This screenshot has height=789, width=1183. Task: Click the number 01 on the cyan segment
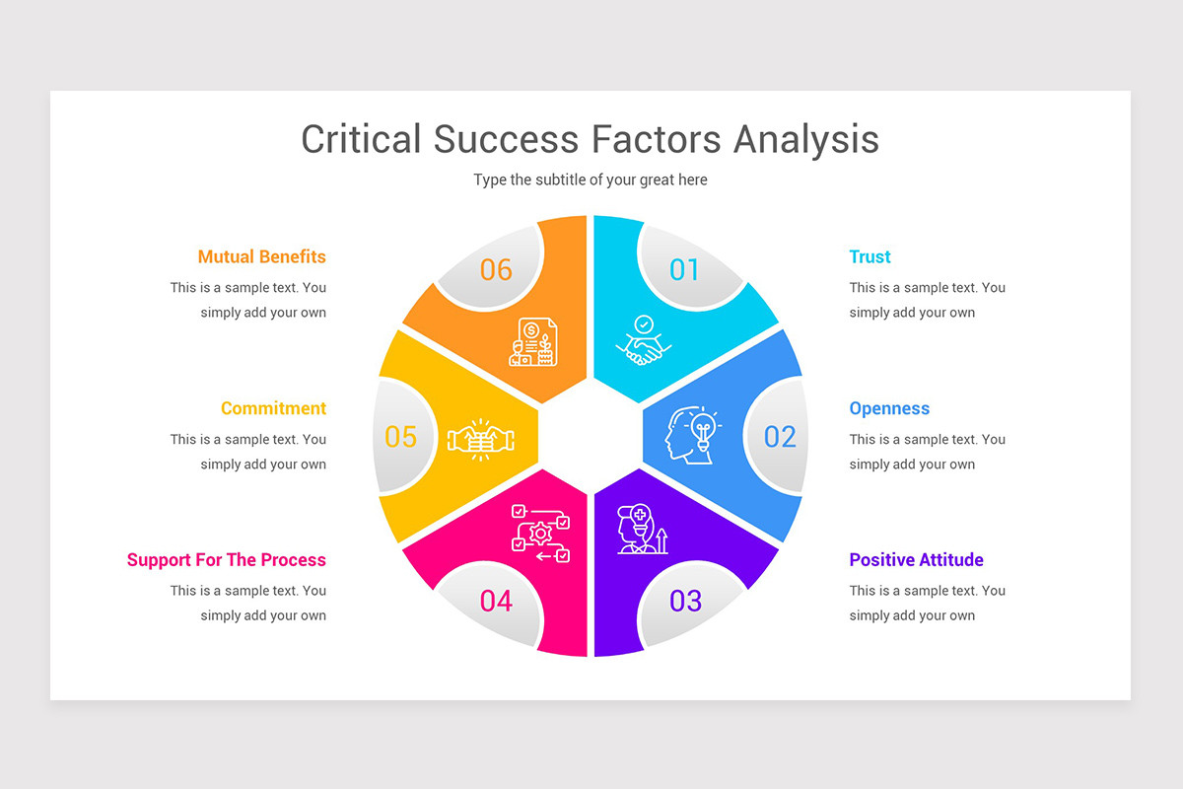click(684, 269)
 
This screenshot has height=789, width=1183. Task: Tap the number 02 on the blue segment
click(780, 436)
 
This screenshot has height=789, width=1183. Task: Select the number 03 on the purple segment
click(685, 600)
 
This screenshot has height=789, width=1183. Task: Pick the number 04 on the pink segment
click(497, 600)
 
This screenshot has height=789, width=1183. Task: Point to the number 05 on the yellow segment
click(401, 436)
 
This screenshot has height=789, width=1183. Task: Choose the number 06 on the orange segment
click(497, 269)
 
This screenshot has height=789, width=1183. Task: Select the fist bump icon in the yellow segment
click(482, 439)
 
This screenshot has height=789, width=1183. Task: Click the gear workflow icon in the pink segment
click(539, 533)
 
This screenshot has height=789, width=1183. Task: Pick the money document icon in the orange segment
click(533, 341)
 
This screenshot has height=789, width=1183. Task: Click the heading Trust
click(870, 256)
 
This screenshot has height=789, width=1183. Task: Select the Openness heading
click(889, 408)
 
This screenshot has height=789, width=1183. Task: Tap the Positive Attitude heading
click(916, 559)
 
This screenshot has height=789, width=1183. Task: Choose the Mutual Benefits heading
click(261, 256)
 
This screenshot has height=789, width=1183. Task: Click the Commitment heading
click(273, 408)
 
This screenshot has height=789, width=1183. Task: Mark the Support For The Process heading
click(226, 559)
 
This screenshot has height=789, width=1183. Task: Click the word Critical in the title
click(361, 139)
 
